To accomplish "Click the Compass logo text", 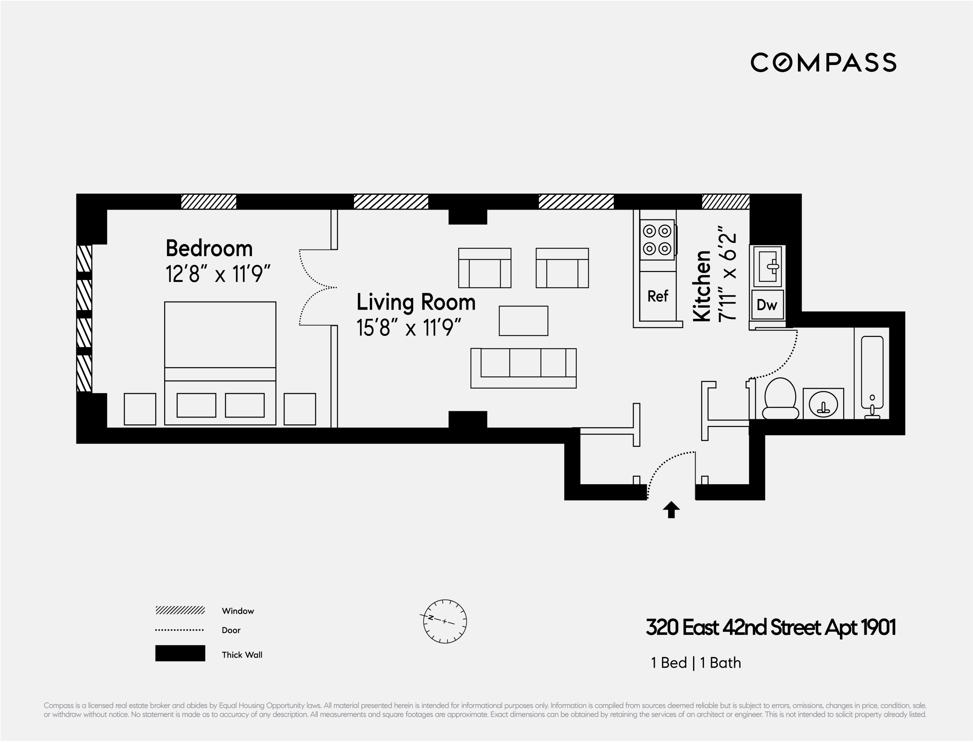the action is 823,62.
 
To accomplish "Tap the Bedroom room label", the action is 209,248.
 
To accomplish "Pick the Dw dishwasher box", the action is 767,304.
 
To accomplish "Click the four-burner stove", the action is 658,240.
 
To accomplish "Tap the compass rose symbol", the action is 445,622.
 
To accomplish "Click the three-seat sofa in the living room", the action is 523,368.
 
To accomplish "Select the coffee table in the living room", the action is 524,321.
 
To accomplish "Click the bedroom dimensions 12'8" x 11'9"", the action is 218,274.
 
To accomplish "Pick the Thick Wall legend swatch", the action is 180,653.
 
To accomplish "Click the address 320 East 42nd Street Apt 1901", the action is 771,627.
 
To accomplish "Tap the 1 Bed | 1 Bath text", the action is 696,663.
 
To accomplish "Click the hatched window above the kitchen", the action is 726,202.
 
